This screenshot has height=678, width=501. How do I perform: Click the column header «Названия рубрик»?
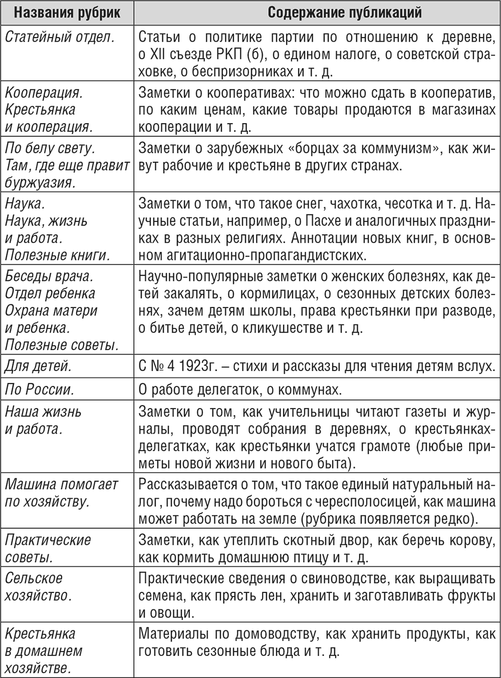tap(67, 12)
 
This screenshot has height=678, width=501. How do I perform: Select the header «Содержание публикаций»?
tap(316, 12)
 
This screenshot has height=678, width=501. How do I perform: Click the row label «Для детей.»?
tap(38, 366)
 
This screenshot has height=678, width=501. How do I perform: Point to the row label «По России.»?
tap(40, 389)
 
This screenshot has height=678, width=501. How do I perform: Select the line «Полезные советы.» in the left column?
tap(62, 345)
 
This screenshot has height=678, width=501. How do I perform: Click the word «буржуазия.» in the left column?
tap(41, 182)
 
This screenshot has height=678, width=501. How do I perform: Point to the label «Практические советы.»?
tap(48, 548)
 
